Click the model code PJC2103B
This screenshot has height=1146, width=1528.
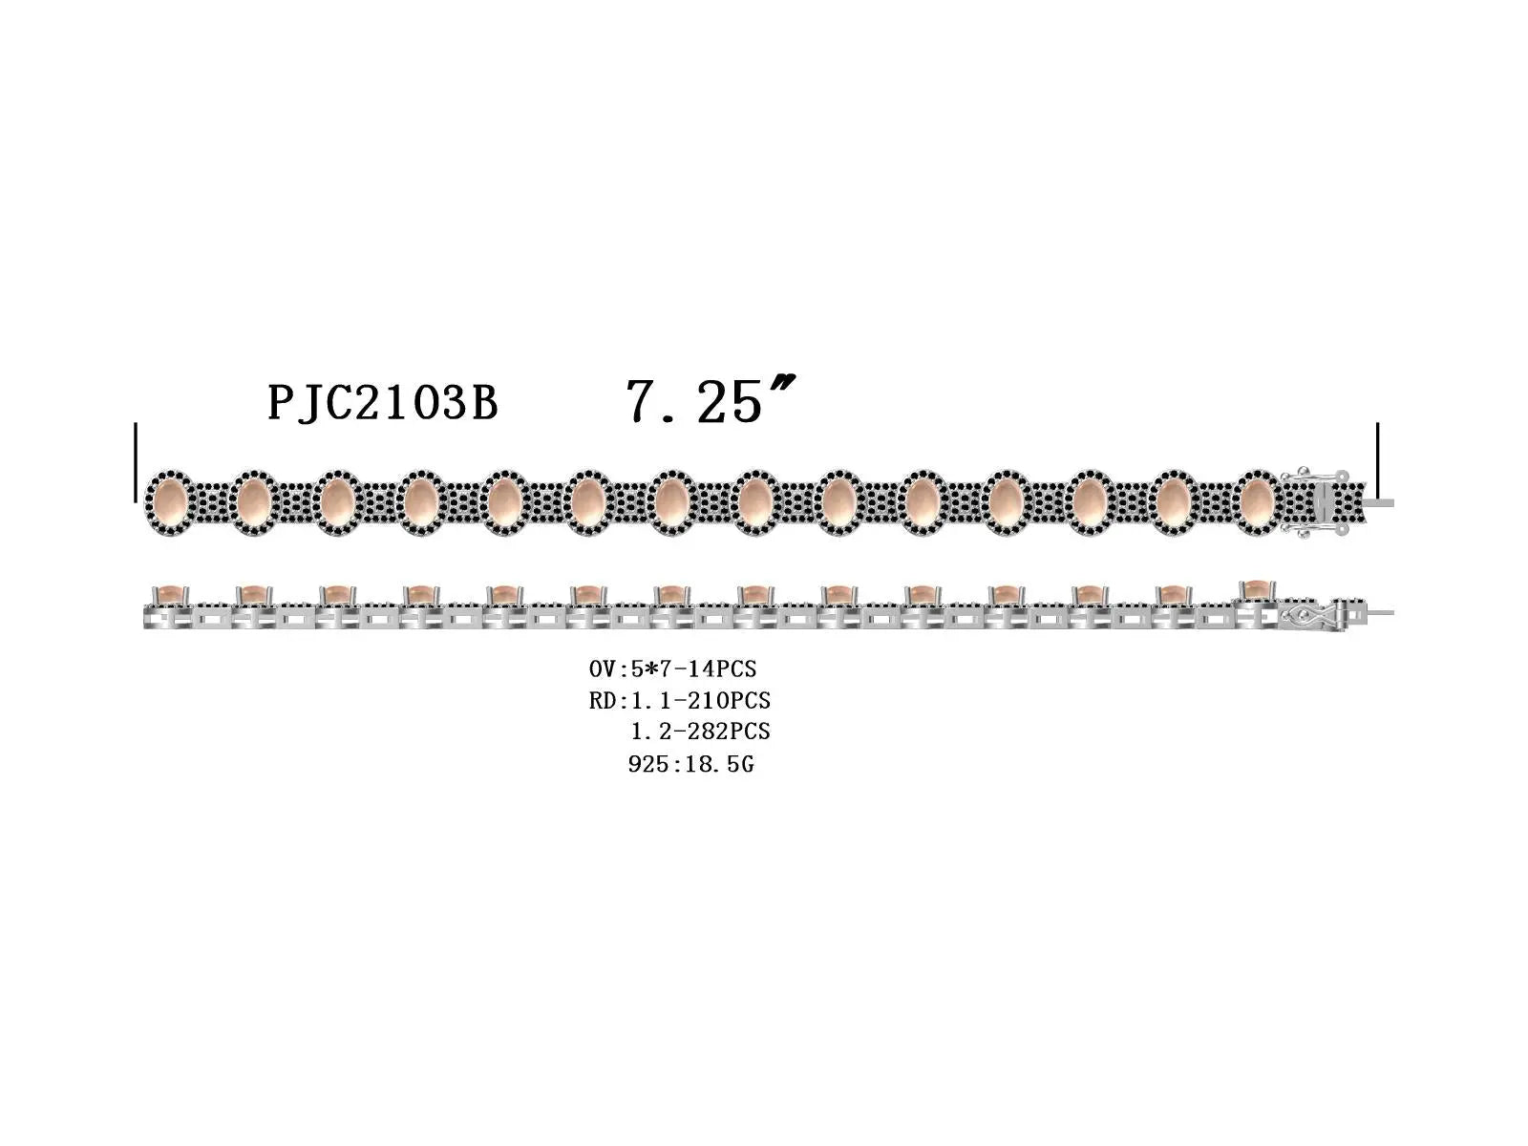[x=383, y=403]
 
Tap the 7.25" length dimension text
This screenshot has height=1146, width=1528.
[x=711, y=400]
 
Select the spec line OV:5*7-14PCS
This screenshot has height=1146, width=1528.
[x=672, y=668]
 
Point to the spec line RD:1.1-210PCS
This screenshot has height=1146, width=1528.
[x=679, y=700]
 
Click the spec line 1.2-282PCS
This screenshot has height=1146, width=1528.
[x=700, y=732]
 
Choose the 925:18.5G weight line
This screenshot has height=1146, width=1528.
[x=690, y=764]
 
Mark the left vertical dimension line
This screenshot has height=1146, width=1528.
[x=136, y=462]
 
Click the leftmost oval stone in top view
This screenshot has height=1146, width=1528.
[x=170, y=502]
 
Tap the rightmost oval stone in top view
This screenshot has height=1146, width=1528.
[x=1257, y=502]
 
